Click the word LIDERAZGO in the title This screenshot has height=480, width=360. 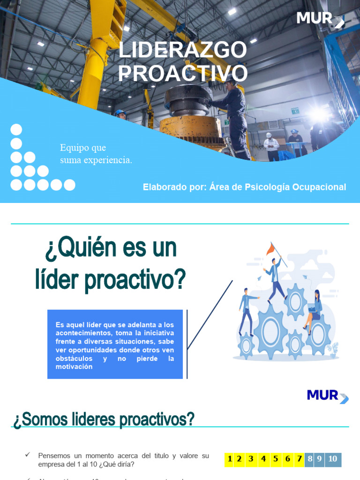click(182, 51)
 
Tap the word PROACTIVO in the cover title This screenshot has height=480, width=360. click(182, 73)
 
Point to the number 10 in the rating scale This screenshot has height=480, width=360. click(332, 459)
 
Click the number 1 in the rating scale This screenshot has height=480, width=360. click(229, 459)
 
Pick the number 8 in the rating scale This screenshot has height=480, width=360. click(309, 459)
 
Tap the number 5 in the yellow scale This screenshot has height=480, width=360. click(276, 459)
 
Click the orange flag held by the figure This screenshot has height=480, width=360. click(270, 249)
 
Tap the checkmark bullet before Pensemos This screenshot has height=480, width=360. click(28, 455)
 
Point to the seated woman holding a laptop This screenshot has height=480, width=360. click(314, 309)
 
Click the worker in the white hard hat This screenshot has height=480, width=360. click(270, 146)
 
